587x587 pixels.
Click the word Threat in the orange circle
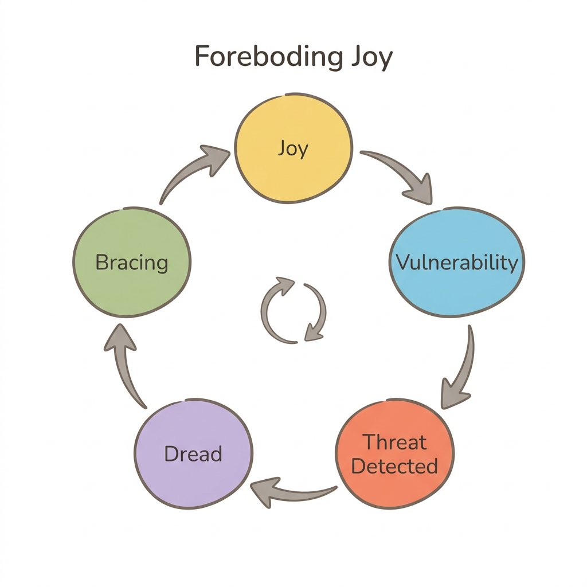pos(395,443)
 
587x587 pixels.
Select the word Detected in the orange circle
pos(394,466)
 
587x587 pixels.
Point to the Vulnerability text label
pos(457,263)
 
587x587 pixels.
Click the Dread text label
pos(193,454)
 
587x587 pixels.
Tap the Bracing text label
pos(132,263)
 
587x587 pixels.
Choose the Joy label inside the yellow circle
pos(293,148)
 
